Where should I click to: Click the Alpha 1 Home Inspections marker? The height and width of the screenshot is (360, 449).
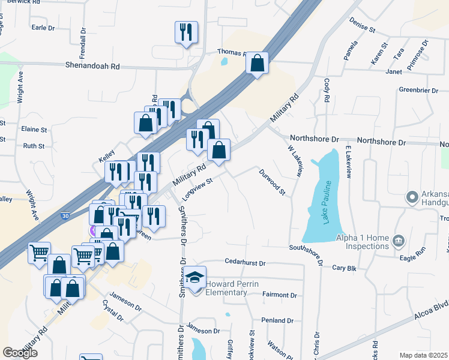point(397,241)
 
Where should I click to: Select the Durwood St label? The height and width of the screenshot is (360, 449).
point(272,182)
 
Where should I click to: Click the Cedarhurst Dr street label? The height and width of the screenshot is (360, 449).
point(245,262)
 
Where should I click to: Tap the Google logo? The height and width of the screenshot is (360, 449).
point(20,353)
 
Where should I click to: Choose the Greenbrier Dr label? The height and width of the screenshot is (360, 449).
point(420,91)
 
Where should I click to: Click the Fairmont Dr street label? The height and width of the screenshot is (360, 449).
point(280,295)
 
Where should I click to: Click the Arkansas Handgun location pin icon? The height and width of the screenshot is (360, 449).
point(412,197)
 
